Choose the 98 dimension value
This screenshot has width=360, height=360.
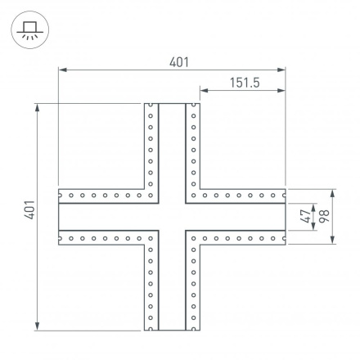click(324, 217)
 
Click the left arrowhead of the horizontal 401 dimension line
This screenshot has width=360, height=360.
click(61, 70)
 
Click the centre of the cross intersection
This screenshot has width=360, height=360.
click(172, 217)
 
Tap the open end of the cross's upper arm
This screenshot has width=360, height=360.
click(172, 105)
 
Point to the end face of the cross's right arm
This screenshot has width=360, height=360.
click(283, 217)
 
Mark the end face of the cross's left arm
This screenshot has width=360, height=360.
click(60, 217)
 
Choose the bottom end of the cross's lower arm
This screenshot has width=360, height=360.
click(172, 329)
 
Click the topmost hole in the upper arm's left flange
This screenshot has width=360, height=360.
click(151, 109)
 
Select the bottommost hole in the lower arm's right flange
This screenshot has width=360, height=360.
click(193, 324)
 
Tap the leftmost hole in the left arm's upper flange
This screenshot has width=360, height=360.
click(64, 196)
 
